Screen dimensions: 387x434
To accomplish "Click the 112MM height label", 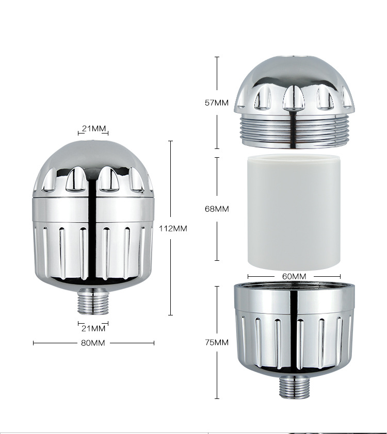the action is (x=173, y=228).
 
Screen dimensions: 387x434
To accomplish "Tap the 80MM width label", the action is (x=93, y=343).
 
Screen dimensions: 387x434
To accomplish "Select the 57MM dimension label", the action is (x=217, y=103).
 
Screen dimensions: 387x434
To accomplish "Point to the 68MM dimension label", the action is (x=217, y=209).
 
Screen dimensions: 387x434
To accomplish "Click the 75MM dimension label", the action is (x=217, y=342).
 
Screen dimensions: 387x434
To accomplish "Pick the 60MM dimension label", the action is (x=294, y=276).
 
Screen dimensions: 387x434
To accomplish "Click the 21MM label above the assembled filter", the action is (x=94, y=128).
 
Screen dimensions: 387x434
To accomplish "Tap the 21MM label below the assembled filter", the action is (x=93, y=328).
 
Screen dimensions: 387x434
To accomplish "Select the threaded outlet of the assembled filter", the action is (x=93, y=301).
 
